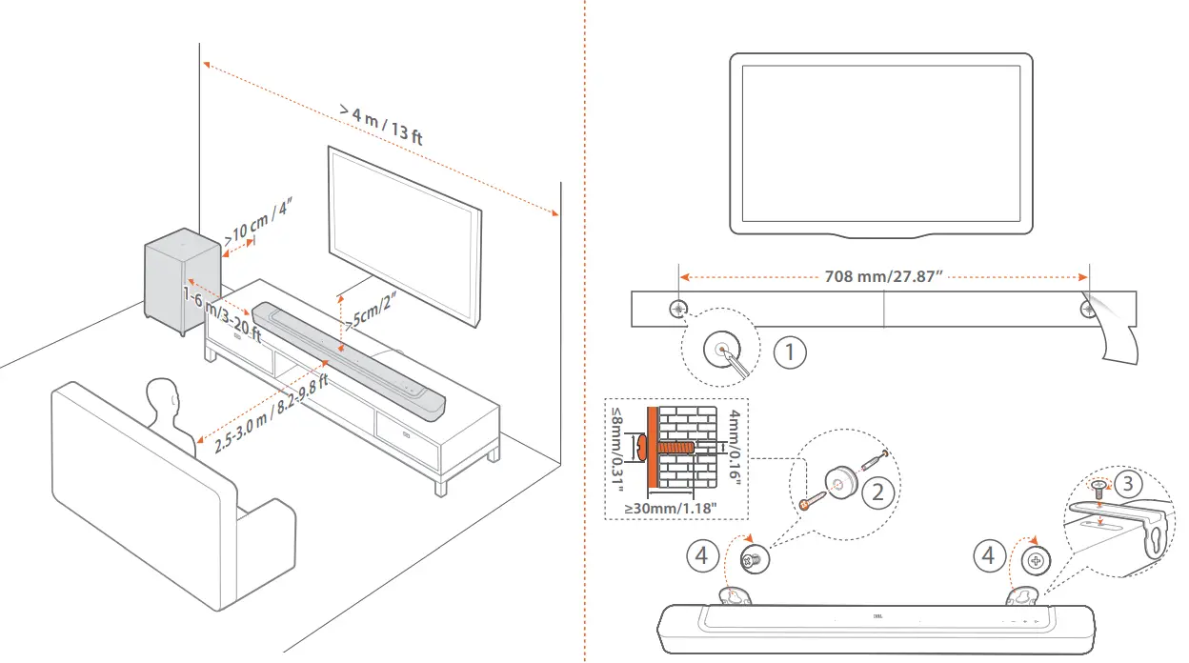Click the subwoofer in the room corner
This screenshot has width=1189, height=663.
point(178,281)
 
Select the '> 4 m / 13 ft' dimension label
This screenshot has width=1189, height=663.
point(381,123)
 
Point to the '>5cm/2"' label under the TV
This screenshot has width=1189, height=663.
point(372,310)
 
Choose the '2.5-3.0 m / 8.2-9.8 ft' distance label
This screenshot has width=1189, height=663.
point(271,414)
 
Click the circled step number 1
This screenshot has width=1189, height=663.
point(789,352)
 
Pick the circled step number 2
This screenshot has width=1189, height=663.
point(877,492)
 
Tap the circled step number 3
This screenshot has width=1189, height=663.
point(1128,483)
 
